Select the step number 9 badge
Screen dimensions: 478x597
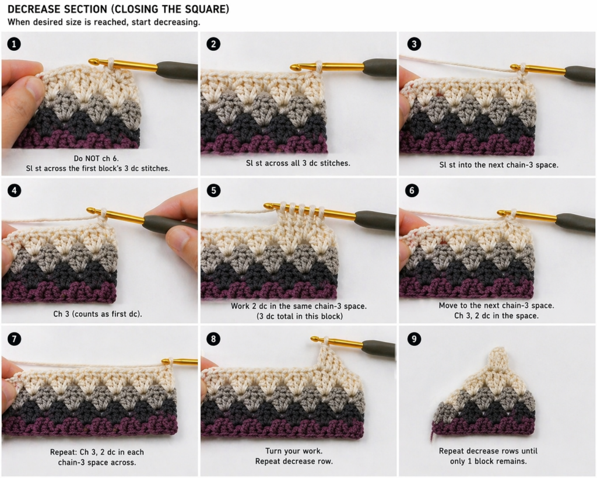[x=413, y=339]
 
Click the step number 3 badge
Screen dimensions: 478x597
[x=413, y=44]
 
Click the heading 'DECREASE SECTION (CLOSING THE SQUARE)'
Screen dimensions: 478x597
[x=118, y=10]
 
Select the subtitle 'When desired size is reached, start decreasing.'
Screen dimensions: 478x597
[x=104, y=22]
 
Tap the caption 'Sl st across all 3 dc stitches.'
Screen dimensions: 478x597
[x=298, y=163]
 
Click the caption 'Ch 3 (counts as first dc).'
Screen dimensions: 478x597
[x=97, y=313]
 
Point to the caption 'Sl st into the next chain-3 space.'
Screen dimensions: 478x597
[x=498, y=165]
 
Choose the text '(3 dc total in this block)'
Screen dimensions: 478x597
[x=298, y=316]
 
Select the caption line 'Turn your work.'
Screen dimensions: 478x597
[x=298, y=451]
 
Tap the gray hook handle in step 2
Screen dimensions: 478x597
[x=379, y=67]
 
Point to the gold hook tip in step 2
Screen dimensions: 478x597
[x=295, y=68]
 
